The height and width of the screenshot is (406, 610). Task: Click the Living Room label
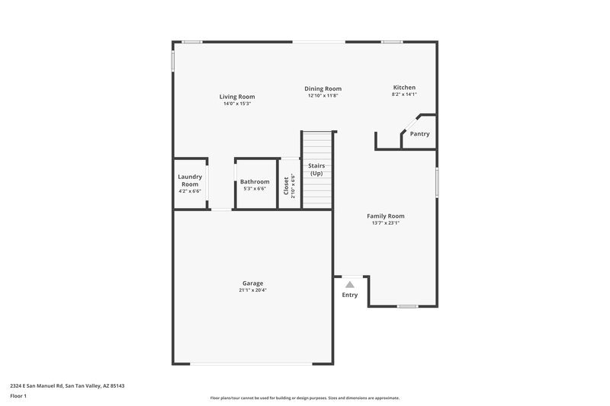click(x=237, y=97)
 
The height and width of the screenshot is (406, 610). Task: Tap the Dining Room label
click(x=323, y=88)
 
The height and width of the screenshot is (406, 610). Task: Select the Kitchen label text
click(x=404, y=88)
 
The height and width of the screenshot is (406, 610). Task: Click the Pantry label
click(x=419, y=134)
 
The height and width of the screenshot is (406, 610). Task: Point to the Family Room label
click(x=386, y=216)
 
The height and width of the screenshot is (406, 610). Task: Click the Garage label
click(x=253, y=283)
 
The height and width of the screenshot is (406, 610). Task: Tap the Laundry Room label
click(x=190, y=181)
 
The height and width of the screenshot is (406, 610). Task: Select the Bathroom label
click(x=255, y=181)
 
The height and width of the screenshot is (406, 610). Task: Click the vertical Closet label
click(x=287, y=186)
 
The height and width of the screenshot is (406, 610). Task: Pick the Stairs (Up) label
click(x=316, y=169)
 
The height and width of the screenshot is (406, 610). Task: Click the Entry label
click(x=349, y=295)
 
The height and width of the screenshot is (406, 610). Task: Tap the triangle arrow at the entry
click(x=350, y=284)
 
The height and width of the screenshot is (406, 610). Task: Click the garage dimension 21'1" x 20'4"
click(x=253, y=290)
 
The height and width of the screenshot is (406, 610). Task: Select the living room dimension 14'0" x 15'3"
click(x=237, y=104)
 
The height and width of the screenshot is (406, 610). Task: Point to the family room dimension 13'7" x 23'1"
click(x=386, y=223)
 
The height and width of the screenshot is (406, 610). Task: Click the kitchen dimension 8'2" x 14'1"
click(x=404, y=95)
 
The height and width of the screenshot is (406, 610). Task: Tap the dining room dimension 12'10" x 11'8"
click(x=323, y=96)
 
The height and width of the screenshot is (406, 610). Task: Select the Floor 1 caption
click(x=19, y=397)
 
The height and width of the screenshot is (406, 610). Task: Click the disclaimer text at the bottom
click(x=304, y=398)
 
